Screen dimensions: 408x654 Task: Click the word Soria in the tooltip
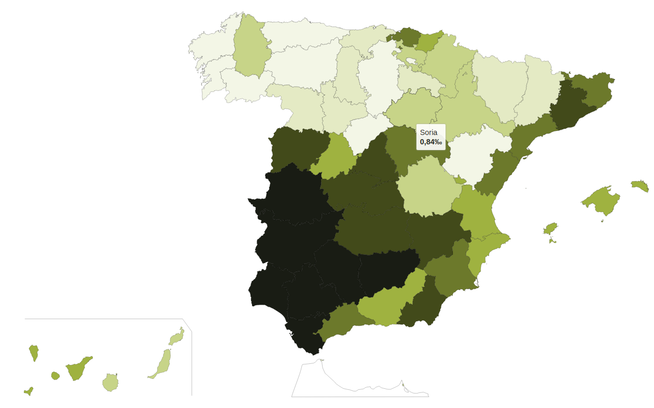tap(428, 132)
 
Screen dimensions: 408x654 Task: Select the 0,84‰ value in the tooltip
tap(430, 142)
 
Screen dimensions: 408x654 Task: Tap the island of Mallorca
tap(603, 200)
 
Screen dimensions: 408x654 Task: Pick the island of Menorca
tap(641, 185)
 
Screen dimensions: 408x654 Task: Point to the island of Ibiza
tap(550, 229)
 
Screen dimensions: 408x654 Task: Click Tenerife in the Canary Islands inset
tap(77, 370)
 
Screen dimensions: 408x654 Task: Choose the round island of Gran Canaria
tap(110, 383)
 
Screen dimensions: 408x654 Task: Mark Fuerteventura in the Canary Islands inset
tap(163, 363)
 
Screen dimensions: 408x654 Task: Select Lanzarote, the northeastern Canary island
tap(177, 338)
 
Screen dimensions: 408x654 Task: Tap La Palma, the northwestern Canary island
tap(34, 352)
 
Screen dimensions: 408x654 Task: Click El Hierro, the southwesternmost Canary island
tap(29, 390)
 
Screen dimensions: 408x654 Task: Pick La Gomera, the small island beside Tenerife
tap(55, 375)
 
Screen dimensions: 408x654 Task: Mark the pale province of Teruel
tap(469, 156)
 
